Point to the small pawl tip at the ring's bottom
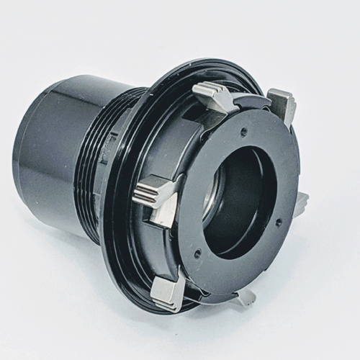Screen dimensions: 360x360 point(246,295)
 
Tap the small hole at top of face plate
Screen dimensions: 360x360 point(245,132)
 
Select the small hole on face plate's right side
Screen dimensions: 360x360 point(279,222)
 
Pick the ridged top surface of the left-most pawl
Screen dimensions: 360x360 point(149,191)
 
